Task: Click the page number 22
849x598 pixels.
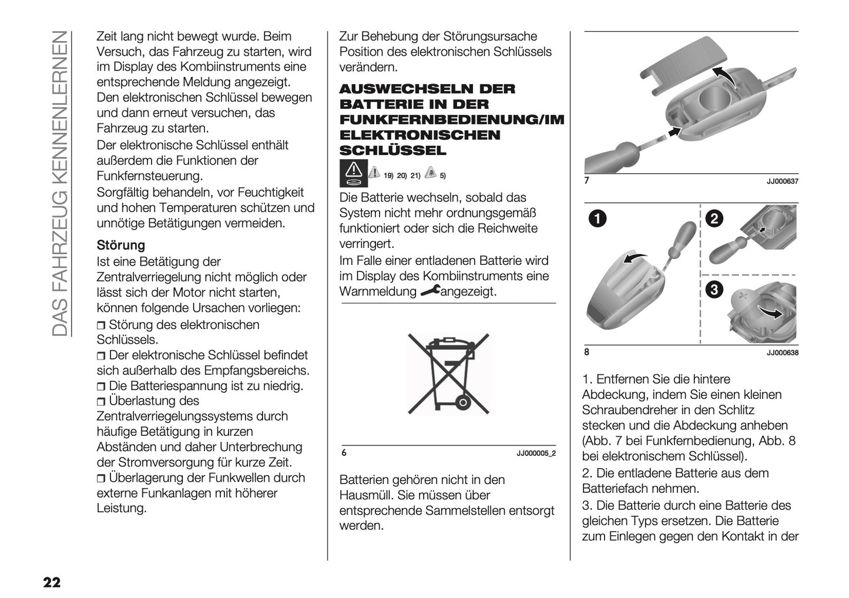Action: click(x=51, y=583)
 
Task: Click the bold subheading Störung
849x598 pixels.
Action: click(x=120, y=245)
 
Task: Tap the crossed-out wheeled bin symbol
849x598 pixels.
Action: click(x=448, y=372)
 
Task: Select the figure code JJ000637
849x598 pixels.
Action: click(x=782, y=182)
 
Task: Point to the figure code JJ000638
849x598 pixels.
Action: click(x=782, y=353)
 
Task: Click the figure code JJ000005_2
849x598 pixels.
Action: click(x=536, y=453)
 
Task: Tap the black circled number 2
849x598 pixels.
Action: click(x=714, y=219)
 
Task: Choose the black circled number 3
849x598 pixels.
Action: click(x=714, y=290)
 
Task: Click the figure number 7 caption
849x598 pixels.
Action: click(x=586, y=182)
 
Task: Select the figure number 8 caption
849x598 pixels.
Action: click(x=586, y=353)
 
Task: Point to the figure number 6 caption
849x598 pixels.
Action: click(x=344, y=453)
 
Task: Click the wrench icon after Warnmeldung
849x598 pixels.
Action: click(x=429, y=291)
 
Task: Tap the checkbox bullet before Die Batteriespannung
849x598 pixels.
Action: click(x=102, y=387)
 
